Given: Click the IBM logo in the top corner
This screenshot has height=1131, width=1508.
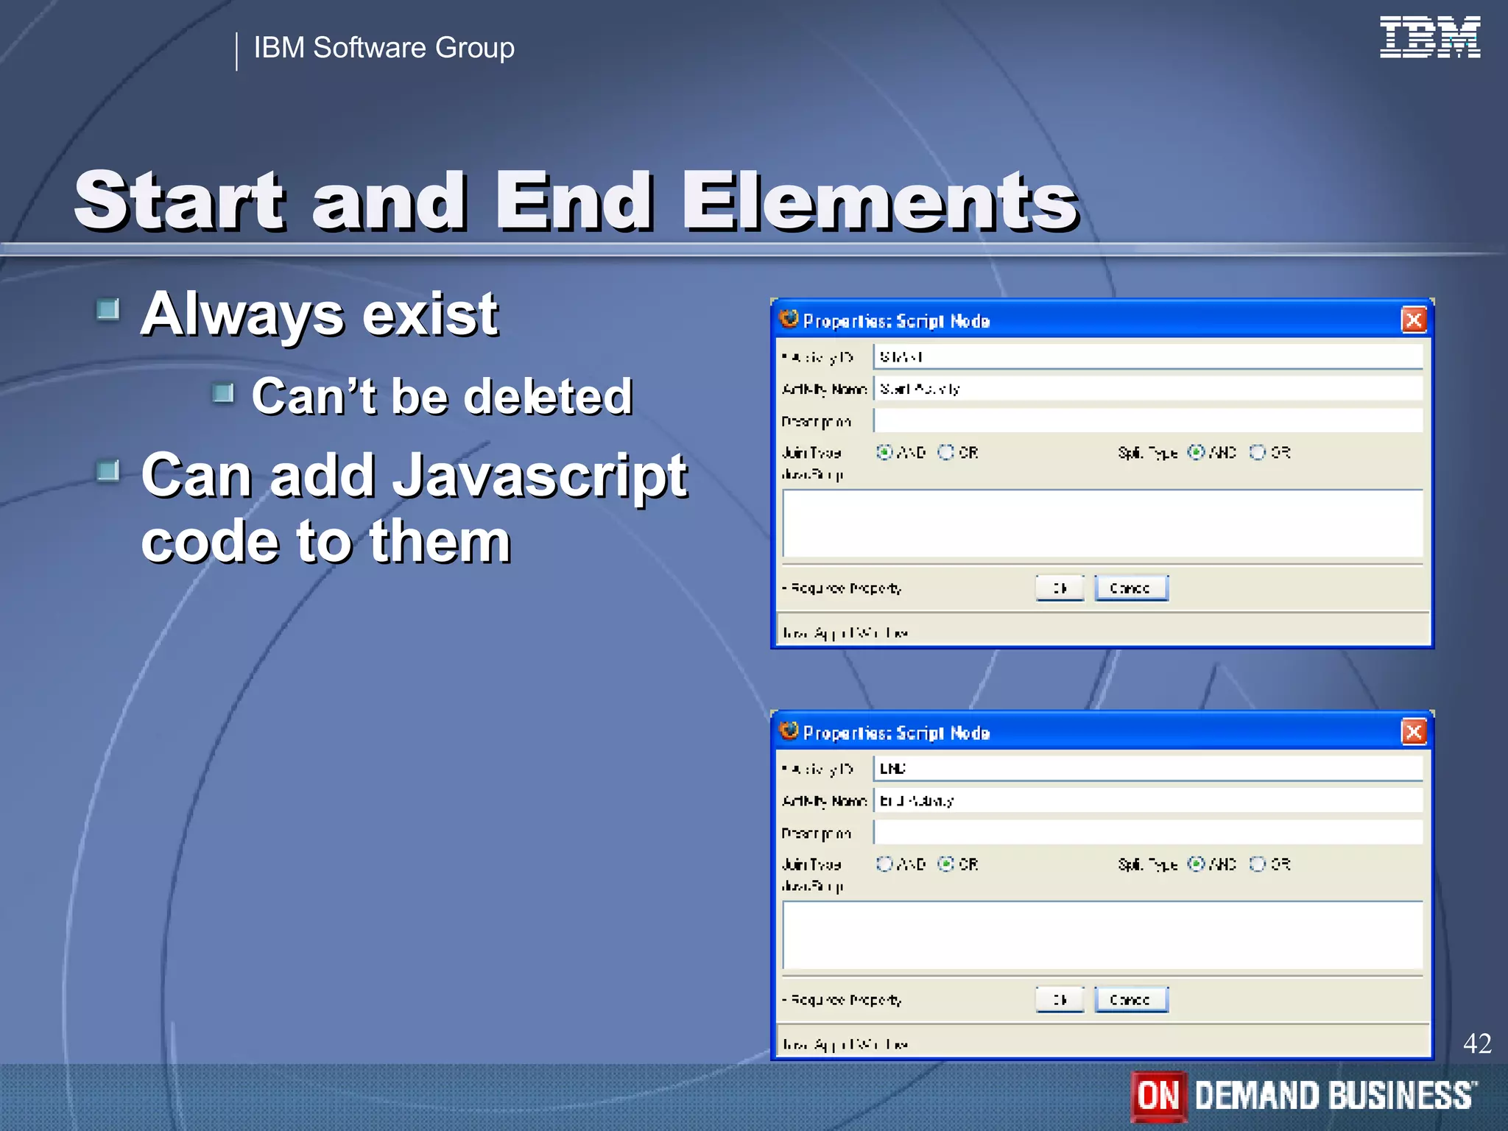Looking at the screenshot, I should click(1429, 37).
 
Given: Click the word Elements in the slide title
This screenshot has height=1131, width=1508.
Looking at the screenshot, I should click(880, 200).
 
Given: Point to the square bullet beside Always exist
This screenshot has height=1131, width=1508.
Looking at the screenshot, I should click(108, 309).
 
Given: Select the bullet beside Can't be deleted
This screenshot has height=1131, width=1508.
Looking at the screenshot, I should click(223, 393).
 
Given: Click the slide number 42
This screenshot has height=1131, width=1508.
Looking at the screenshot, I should click(1476, 1043).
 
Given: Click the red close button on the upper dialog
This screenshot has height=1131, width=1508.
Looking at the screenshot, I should click(1413, 320).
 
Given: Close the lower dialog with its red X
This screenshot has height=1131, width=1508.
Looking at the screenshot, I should click(1413, 732).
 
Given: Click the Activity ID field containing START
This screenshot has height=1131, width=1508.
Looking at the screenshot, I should click(1147, 357).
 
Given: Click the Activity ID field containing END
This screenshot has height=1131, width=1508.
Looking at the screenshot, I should click(1147, 769).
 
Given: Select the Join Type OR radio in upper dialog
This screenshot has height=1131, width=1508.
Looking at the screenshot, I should click(946, 452).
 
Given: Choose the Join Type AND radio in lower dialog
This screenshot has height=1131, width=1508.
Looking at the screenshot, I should click(884, 864).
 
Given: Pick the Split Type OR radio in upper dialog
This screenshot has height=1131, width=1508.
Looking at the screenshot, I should click(1258, 452).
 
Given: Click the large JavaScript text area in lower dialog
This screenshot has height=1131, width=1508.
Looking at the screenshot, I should click(1102, 935).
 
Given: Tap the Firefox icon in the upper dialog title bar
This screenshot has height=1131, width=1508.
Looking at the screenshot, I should click(789, 319).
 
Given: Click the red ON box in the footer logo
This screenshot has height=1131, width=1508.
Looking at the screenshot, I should click(1158, 1096).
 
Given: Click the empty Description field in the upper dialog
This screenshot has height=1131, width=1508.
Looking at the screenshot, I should click(1147, 421).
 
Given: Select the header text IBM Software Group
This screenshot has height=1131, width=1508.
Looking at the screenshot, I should click(384, 48).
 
